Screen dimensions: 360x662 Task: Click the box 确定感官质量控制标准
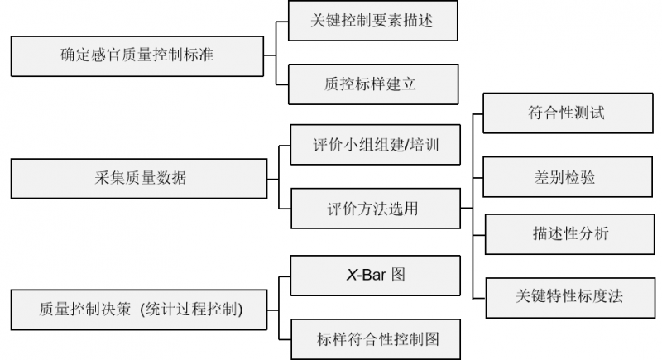pos(137,56)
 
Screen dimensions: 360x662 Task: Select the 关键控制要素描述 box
pos(372,22)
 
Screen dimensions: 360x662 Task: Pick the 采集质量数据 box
pos(137,178)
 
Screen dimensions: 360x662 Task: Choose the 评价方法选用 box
pos(375,208)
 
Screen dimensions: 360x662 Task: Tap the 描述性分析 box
pos(570,234)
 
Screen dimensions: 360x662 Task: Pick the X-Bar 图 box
pos(375,276)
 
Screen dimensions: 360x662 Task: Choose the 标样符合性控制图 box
pos(376,338)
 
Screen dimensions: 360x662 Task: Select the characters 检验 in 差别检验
pos(579,177)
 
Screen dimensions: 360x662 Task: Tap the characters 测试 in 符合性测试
pos(590,113)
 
